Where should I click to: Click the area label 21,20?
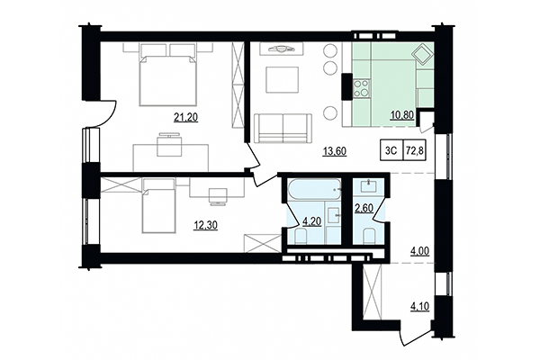pos(185,116)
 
